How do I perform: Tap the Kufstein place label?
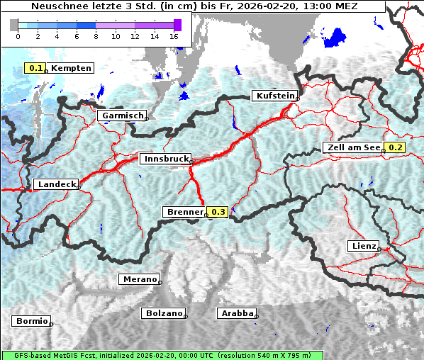tap(274, 96)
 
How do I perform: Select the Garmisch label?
tap(122, 116)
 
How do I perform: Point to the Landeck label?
tap(55, 184)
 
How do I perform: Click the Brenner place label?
tap(184, 212)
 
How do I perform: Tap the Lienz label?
tap(363, 246)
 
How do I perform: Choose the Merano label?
tap(139, 279)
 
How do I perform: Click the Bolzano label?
tap(163, 313)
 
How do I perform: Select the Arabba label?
tap(236, 313)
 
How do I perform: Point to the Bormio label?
tap(31, 321)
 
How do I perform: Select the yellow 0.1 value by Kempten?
tap(35, 68)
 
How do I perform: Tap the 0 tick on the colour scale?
tap(18, 35)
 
